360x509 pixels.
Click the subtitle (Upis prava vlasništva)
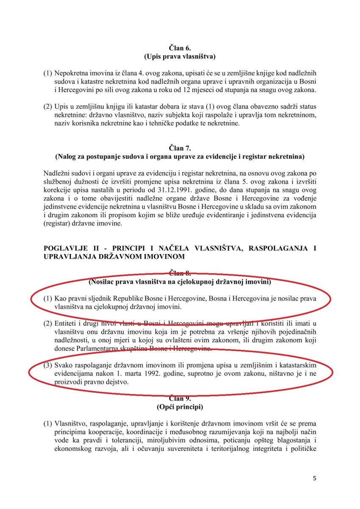[x=179, y=56]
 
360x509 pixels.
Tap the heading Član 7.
[x=179, y=148]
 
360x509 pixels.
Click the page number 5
[x=314, y=478]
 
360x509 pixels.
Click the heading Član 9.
[x=179, y=398]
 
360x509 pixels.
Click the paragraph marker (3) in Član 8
[x=48, y=366]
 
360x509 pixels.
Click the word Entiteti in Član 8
[x=67, y=324]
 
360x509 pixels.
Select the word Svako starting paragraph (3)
[x=64, y=366]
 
